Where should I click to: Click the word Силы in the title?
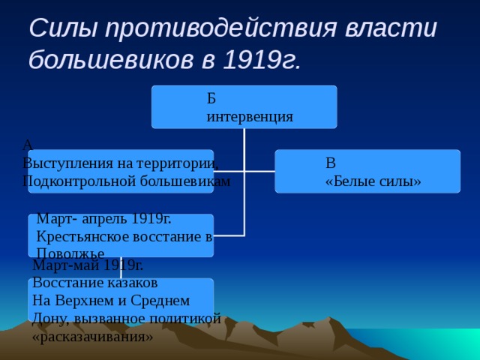(x=62, y=28)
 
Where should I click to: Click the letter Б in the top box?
(x=211, y=99)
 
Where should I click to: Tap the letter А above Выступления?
(x=28, y=144)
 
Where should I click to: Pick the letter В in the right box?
(x=331, y=163)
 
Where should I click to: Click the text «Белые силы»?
(x=373, y=181)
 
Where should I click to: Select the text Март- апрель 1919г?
(x=103, y=219)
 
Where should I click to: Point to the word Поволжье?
(x=70, y=254)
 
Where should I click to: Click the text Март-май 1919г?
(x=88, y=265)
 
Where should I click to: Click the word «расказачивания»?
(x=92, y=337)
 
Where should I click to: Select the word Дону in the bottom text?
(x=47, y=319)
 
